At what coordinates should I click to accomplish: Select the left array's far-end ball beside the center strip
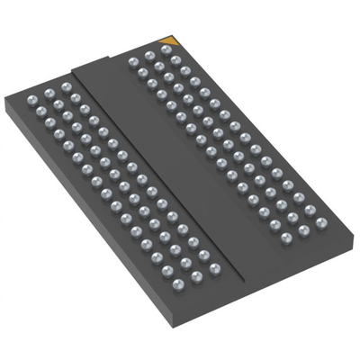(x=66, y=87)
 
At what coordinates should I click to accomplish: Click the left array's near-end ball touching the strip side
(x=214, y=267)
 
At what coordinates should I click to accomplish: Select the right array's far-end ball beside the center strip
(x=133, y=61)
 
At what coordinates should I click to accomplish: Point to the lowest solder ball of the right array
(x=287, y=238)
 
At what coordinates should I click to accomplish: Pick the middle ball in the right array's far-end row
(x=148, y=56)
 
